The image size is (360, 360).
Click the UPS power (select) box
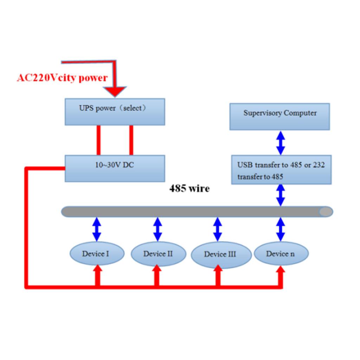pyautogui.click(x=115, y=112)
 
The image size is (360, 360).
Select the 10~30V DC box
pyautogui.click(x=115, y=168)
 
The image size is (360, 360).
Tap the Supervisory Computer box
pyautogui.click(x=279, y=117)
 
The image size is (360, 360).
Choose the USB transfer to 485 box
pyautogui.click(x=281, y=170)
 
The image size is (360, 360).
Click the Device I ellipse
pyautogui.click(x=97, y=253)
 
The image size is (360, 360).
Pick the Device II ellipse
pyautogui.click(x=159, y=254)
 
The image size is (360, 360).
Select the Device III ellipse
pyautogui.click(x=221, y=255)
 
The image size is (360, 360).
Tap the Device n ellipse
pyautogui.click(x=281, y=253)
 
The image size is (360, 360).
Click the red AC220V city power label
pyautogui.click(x=62, y=78)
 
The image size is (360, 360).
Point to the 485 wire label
pyautogui.click(x=189, y=188)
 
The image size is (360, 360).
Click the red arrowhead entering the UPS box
pyautogui.click(x=115, y=92)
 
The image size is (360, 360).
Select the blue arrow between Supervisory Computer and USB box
pyautogui.click(x=281, y=143)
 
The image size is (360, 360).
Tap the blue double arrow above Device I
pyautogui.click(x=97, y=229)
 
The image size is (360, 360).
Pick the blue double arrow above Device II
pyautogui.click(x=157, y=229)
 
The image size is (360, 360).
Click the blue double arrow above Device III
pyautogui.click(x=217, y=229)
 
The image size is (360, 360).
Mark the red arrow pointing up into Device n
pyautogui.click(x=280, y=276)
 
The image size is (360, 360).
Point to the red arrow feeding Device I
pyautogui.click(x=98, y=276)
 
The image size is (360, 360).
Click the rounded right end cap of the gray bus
pyautogui.click(x=326, y=211)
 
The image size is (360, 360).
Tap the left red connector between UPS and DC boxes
pyautogui.click(x=98, y=140)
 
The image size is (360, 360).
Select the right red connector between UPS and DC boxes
pyautogui.click(x=131, y=140)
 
